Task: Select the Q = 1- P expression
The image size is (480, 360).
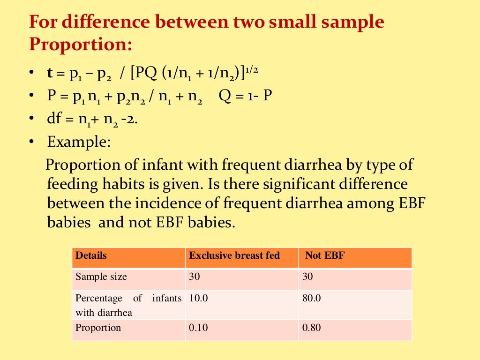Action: (245, 96)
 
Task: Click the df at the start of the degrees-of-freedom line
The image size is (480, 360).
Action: (54, 119)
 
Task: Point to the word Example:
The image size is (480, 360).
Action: (79, 142)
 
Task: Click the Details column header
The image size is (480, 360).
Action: (91, 256)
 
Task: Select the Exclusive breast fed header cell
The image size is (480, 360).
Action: (234, 256)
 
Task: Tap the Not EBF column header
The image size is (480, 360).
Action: (325, 256)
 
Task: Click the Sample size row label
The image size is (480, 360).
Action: (101, 277)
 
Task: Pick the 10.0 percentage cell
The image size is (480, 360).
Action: (198, 298)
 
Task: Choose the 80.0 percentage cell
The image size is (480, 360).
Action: (312, 298)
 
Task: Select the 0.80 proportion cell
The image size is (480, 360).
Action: (311, 328)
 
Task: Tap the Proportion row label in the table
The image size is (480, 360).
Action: (98, 328)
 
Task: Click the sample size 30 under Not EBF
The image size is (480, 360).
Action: (307, 277)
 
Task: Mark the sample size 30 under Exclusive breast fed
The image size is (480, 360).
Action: (194, 277)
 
